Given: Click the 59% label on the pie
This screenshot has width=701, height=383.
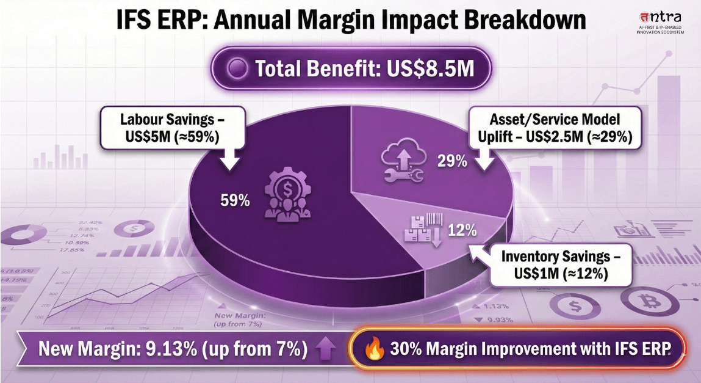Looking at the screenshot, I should point(235,200).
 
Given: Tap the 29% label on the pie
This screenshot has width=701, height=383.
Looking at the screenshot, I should point(452,161).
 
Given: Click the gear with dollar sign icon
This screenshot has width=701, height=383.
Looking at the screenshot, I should point(284,194).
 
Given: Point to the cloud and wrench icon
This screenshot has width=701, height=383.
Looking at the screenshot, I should point(401,162).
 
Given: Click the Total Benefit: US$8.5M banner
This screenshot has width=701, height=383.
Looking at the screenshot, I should point(350,69).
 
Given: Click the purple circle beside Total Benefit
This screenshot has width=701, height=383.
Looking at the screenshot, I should point(237,69).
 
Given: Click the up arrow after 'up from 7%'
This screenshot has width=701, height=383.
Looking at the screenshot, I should point(326,349).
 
